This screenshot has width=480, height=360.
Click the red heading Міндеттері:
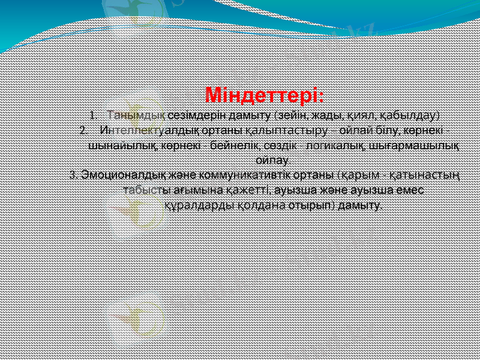pos(265,95)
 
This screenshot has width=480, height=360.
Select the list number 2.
pos(83,130)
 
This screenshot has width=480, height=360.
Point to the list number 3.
pos(73,175)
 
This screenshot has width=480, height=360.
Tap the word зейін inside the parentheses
pos(290,115)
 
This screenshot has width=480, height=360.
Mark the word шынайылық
pos(119,145)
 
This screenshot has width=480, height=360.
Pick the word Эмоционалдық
pos(118,175)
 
